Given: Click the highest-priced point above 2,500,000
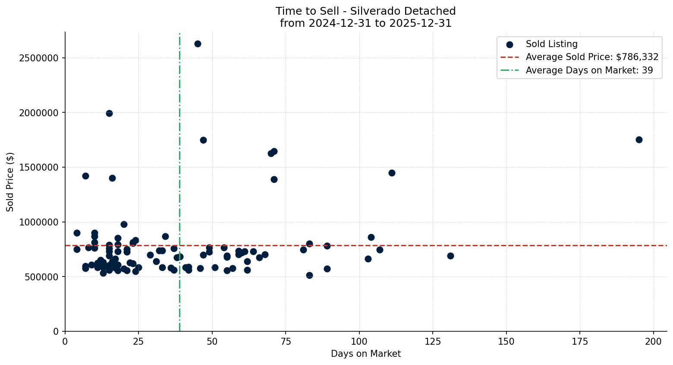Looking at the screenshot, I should pyautogui.click(x=198, y=44).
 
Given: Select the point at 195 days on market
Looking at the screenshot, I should pyautogui.click(x=639, y=140).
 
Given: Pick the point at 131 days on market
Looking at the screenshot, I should pyautogui.click(x=450, y=256).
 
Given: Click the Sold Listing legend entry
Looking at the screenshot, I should pyautogui.click(x=551, y=44).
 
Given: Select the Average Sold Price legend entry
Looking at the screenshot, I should pyautogui.click(x=592, y=57).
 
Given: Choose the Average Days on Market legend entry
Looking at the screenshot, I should pyautogui.click(x=589, y=70).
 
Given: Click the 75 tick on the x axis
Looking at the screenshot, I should pyautogui.click(x=286, y=342).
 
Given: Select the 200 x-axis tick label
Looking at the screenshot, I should pyautogui.click(x=654, y=342).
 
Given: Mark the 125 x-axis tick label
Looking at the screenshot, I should pyautogui.click(x=433, y=342).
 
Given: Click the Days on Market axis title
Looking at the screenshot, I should pyautogui.click(x=366, y=354).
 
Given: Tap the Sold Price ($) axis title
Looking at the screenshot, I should pyautogui.click(x=10, y=182).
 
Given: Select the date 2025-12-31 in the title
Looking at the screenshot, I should pyautogui.click(x=420, y=23).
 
